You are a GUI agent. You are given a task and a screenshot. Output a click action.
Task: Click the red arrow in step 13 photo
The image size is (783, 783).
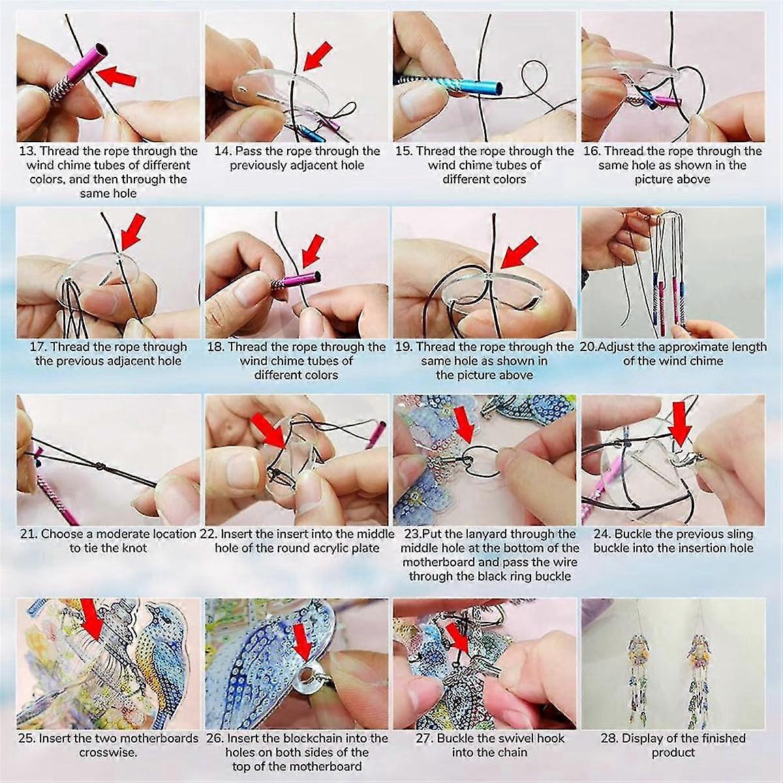pyautogui.click(x=119, y=73)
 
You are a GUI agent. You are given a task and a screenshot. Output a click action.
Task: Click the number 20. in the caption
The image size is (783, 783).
pyautogui.click(x=588, y=347)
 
